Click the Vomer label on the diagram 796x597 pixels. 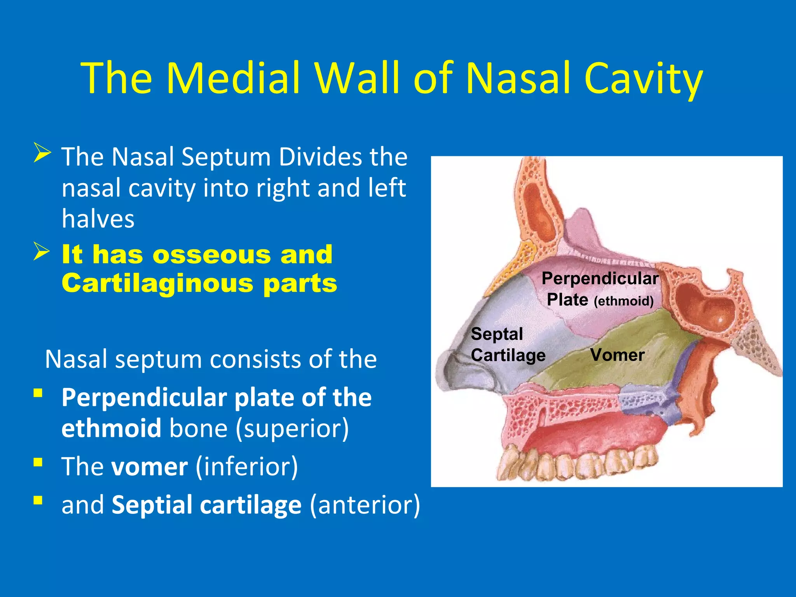[617, 355]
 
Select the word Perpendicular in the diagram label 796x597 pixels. [600, 278]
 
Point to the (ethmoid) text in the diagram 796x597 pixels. [623, 301]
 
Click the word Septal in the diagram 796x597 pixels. [497, 334]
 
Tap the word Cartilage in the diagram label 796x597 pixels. [508, 355]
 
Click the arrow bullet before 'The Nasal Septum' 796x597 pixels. [42, 153]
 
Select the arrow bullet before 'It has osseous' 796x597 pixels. [42, 251]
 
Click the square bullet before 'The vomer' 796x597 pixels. [38, 462]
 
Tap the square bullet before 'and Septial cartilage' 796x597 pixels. [38, 500]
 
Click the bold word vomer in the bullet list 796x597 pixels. [150, 466]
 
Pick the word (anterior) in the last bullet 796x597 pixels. [365, 505]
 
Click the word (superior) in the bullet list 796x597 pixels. [293, 428]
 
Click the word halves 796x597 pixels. [98, 218]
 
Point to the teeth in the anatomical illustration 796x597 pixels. [575, 463]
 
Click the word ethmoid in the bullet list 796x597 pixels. [111, 428]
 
